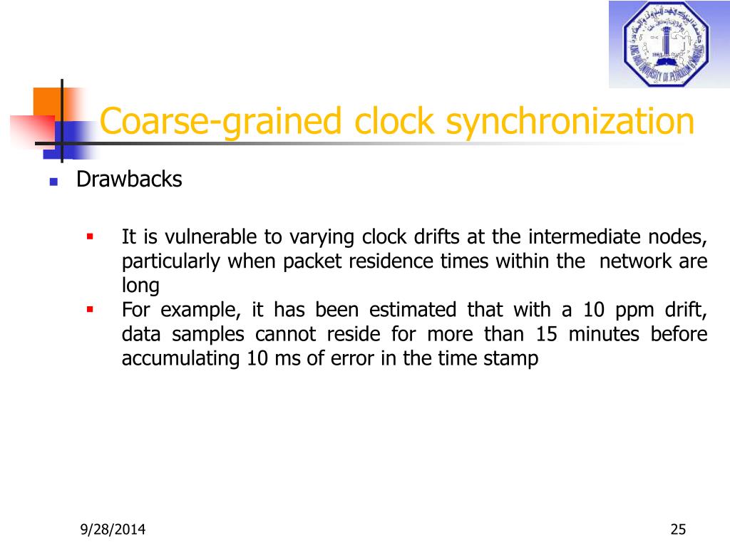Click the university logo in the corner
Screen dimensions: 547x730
[668, 44]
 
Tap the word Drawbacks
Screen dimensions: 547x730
[129, 180]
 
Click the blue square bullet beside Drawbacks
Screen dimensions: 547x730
[53, 182]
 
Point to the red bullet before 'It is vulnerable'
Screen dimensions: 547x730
[90, 236]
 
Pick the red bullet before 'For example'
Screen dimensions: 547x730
[90, 310]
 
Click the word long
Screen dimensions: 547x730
[140, 286]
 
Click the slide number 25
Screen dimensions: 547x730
[677, 529]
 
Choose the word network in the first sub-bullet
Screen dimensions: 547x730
[635, 261]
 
